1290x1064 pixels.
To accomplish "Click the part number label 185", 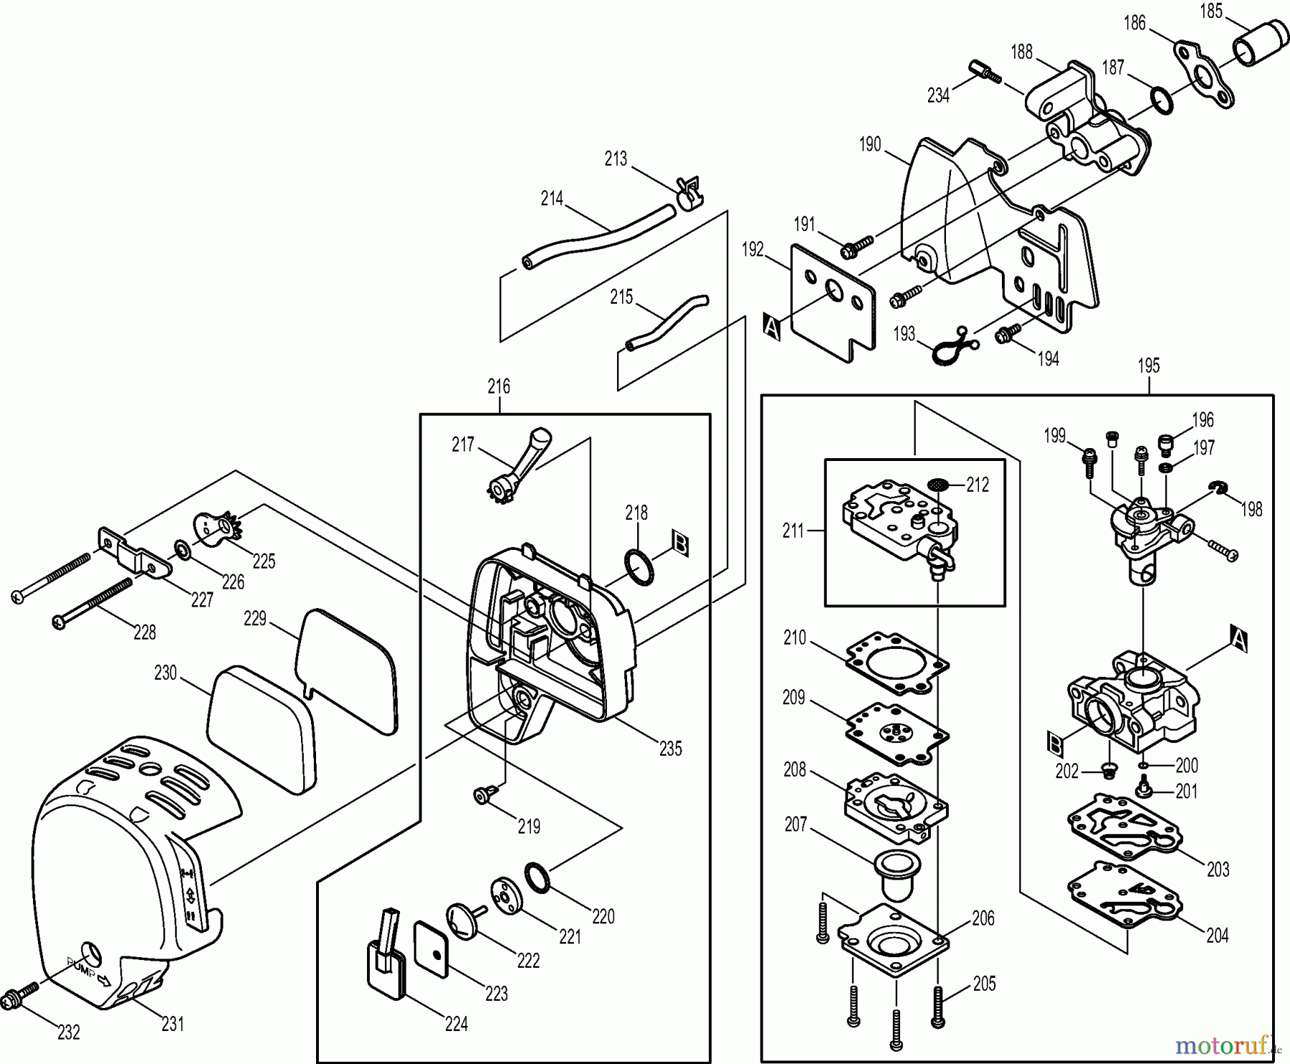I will tap(1211, 11).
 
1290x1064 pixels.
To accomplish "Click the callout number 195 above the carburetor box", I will tap(1148, 366).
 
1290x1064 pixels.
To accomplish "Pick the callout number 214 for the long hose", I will tap(551, 199).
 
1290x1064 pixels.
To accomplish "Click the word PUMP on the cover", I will tap(80, 967).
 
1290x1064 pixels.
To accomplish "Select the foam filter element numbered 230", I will tap(262, 728).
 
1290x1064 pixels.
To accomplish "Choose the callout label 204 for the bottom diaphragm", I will tap(1217, 935).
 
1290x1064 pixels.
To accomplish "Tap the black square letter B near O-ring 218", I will tap(681, 544).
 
